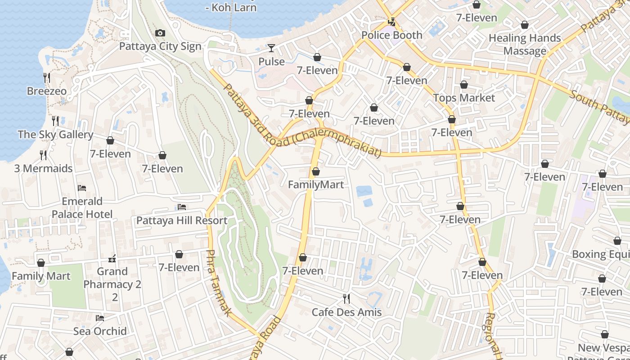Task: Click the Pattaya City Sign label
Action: [x=160, y=46]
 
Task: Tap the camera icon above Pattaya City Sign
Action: [x=160, y=33]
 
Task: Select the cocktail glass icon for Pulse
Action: [x=271, y=48]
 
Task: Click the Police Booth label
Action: [x=391, y=35]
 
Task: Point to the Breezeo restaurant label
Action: [x=47, y=91]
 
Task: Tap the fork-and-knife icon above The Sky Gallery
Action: [x=55, y=121]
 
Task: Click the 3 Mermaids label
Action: [x=43, y=168]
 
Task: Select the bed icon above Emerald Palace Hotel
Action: [x=82, y=188]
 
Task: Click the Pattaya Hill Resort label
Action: [x=182, y=220]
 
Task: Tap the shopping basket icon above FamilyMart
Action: [x=316, y=171]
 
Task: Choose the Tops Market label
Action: [x=464, y=98]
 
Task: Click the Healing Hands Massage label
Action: [x=525, y=45]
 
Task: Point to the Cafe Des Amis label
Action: [x=346, y=312]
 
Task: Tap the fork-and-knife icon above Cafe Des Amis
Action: [x=346, y=298]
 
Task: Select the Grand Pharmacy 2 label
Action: [x=112, y=278]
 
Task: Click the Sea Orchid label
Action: [x=100, y=331]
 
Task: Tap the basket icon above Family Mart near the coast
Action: [x=41, y=263]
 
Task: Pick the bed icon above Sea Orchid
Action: [x=100, y=318]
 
